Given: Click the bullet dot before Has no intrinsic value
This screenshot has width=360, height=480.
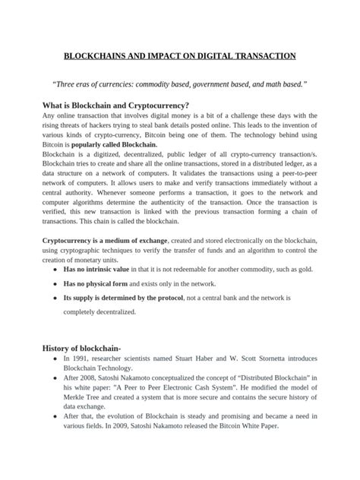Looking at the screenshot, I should (x=50, y=270).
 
